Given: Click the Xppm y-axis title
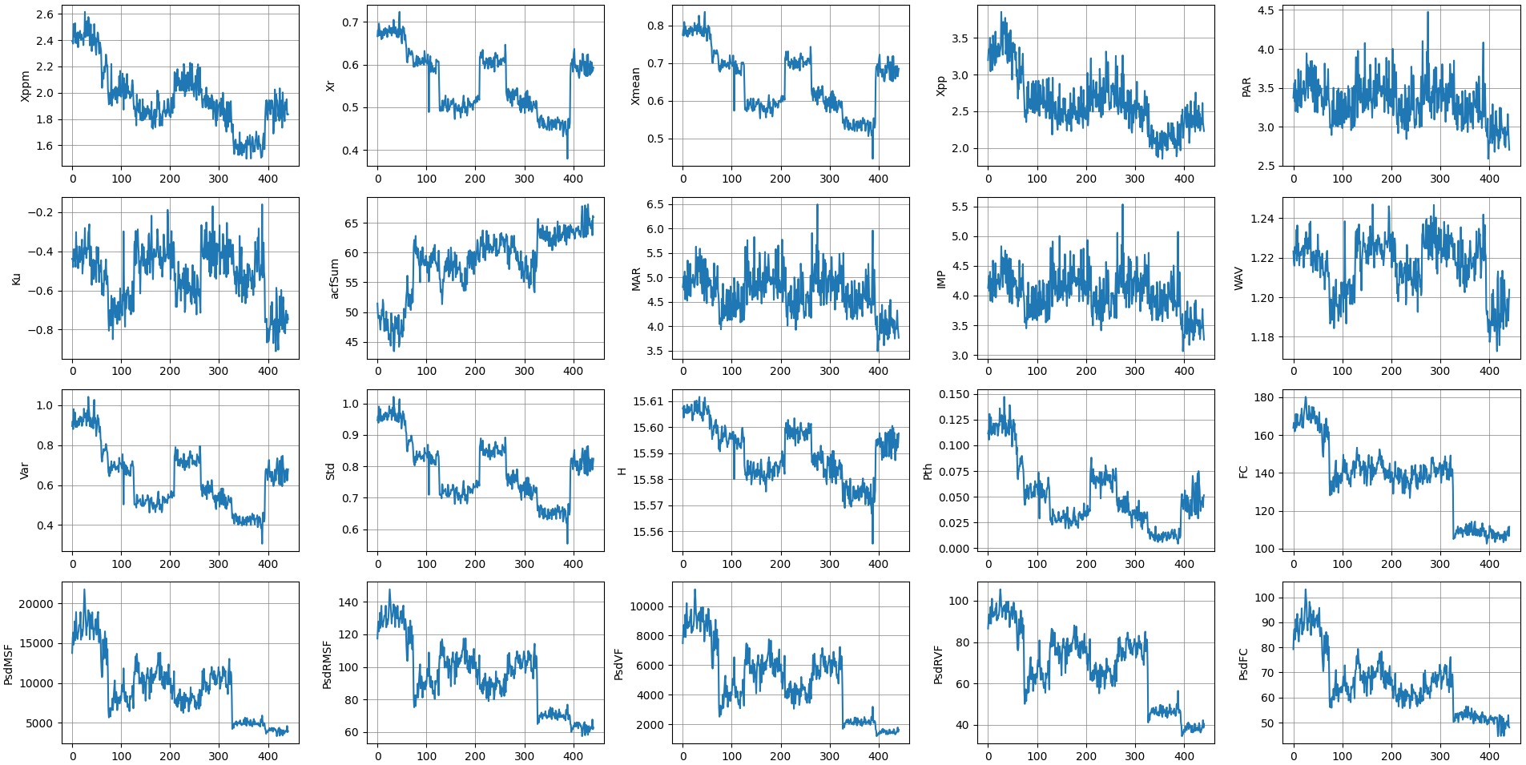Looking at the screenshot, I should (x=25, y=86).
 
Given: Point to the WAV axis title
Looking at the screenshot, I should (x=1238, y=278).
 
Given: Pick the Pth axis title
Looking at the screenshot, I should (x=928, y=471).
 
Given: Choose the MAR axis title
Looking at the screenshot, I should (x=636, y=279).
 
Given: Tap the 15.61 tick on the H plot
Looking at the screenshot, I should (x=648, y=401).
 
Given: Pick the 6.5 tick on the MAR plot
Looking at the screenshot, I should (x=654, y=204).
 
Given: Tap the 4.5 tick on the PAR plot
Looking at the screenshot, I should (x=1265, y=10).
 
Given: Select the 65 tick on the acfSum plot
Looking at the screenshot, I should (x=352, y=223).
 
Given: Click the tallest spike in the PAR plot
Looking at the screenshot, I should (x=1427, y=12).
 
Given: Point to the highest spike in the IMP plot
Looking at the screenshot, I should (x=1122, y=205).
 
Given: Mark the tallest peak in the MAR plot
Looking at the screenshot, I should (x=817, y=205).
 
